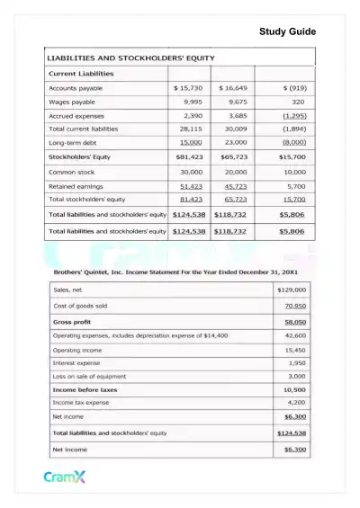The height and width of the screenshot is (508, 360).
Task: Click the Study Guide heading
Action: (x=287, y=32)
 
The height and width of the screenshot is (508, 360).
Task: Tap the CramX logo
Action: (x=65, y=477)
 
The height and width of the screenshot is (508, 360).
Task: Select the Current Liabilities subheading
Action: (x=81, y=73)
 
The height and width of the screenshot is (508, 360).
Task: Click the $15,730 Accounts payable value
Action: (x=187, y=88)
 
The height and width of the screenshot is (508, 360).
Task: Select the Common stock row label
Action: (x=75, y=171)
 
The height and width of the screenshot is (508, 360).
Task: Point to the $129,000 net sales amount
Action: (x=292, y=290)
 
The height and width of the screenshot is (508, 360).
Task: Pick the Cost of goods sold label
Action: (x=83, y=306)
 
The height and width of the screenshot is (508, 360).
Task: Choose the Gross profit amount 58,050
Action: (x=294, y=321)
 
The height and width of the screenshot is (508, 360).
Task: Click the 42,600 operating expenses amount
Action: (x=295, y=334)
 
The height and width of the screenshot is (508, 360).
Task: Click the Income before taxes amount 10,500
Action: (x=294, y=390)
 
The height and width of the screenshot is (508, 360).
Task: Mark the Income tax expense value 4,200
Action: (x=296, y=403)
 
